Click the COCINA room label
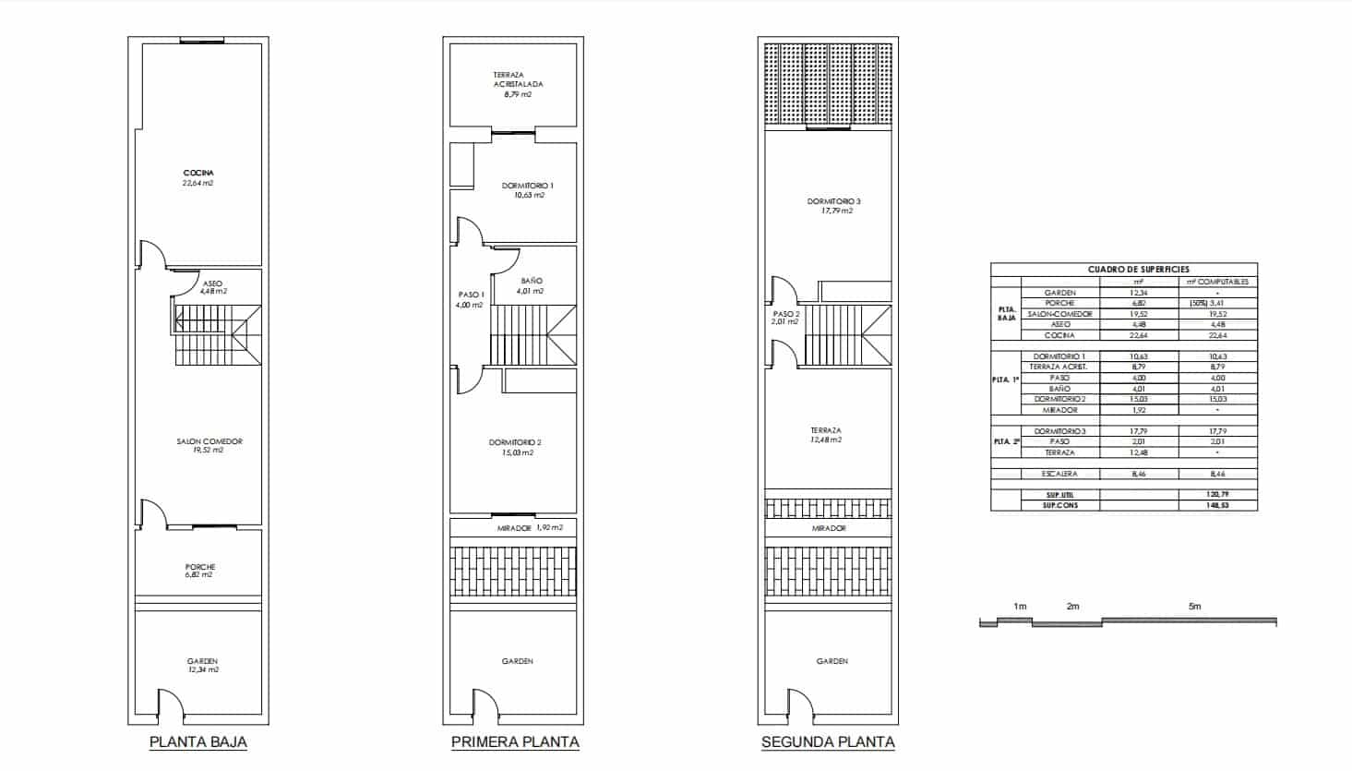[x=198, y=174]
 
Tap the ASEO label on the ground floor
[x=212, y=283]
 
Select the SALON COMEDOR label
[x=209, y=441]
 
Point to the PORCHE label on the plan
[x=199, y=567]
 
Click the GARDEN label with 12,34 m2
[x=202, y=662]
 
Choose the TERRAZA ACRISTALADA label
[x=518, y=79]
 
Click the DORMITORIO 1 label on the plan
[x=528, y=186]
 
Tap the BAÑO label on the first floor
[x=532, y=281]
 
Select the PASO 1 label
[x=470, y=295]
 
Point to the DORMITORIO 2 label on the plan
[x=515, y=443]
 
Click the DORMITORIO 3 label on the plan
[x=833, y=201]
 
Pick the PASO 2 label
[x=786, y=314]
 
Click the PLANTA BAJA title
[x=197, y=741]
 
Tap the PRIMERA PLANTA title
[x=515, y=741]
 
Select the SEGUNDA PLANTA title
[x=828, y=741]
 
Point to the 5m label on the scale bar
[x=1194, y=607]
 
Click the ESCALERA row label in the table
[x=1059, y=474]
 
